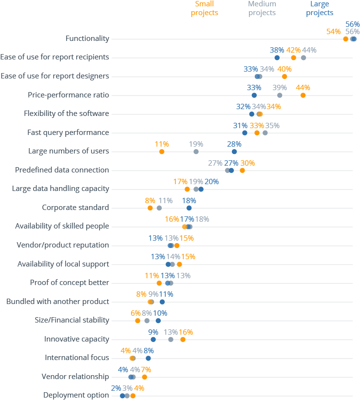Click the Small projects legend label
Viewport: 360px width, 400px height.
click(x=205, y=8)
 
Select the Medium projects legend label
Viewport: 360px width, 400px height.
click(x=262, y=8)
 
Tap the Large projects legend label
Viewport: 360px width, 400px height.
click(x=320, y=8)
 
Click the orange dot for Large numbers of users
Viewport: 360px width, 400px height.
click(x=162, y=152)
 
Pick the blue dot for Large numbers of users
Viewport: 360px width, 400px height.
click(x=234, y=152)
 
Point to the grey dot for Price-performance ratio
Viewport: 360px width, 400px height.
click(x=280, y=95)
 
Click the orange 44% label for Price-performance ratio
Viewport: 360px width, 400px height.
click(x=303, y=88)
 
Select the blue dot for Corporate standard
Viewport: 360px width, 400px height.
click(x=189, y=208)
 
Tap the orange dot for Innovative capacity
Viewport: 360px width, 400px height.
click(x=183, y=340)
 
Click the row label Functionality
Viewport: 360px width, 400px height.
click(x=87, y=38)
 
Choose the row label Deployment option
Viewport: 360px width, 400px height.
click(x=76, y=395)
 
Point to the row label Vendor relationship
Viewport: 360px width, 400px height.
click(x=75, y=377)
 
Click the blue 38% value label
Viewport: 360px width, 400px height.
click(x=277, y=50)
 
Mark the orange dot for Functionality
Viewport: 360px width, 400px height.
click(x=345, y=39)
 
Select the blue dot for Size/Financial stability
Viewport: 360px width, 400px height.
click(x=158, y=321)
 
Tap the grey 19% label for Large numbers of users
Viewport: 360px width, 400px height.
click(x=196, y=144)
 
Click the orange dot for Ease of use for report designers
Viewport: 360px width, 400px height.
click(x=284, y=76)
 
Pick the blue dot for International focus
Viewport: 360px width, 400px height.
click(x=148, y=358)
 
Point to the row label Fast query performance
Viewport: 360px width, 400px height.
click(x=68, y=133)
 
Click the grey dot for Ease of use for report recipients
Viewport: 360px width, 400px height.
click(x=303, y=57)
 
